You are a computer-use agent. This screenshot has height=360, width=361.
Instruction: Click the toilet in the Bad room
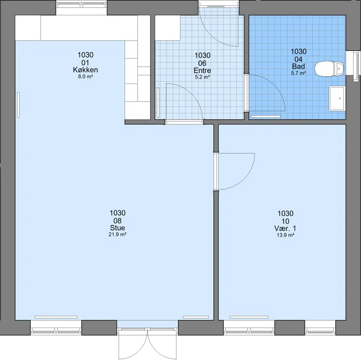click(329, 69)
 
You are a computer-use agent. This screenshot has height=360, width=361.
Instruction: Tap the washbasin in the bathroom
click(337, 98)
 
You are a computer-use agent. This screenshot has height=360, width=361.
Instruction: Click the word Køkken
click(85, 70)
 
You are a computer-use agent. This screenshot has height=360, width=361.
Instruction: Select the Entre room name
click(202, 70)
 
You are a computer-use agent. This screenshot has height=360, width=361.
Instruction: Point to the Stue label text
click(117, 228)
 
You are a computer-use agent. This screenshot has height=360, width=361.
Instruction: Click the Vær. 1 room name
click(285, 228)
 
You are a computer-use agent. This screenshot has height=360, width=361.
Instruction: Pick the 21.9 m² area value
click(117, 235)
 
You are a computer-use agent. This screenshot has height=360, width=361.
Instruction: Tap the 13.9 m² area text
click(286, 235)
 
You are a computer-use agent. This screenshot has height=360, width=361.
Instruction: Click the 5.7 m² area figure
click(298, 73)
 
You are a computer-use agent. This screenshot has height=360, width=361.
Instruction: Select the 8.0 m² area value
click(85, 77)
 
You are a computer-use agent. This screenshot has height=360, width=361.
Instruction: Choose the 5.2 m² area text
click(202, 77)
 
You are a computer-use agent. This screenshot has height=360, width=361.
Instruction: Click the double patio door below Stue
click(148, 343)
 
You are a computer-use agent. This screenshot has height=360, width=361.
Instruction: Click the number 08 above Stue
click(117, 221)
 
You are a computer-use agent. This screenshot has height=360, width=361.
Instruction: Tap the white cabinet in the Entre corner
click(167, 28)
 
